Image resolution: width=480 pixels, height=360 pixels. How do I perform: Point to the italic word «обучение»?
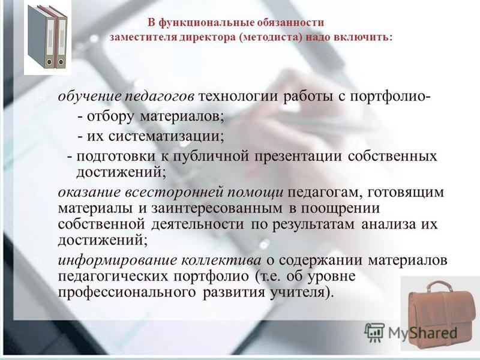click(90, 97)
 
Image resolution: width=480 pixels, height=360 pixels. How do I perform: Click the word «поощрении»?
click(340, 209)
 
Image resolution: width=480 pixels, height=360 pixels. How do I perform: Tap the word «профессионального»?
click(127, 292)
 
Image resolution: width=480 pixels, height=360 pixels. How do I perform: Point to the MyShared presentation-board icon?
click(374, 332)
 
